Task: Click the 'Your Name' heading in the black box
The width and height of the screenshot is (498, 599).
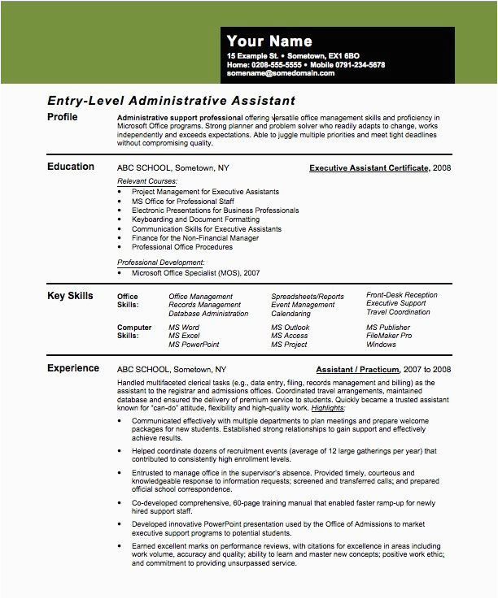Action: click(x=269, y=41)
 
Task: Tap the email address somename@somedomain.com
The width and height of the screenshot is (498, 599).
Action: click(x=281, y=73)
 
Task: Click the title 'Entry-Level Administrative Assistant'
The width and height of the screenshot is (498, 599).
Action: click(x=171, y=101)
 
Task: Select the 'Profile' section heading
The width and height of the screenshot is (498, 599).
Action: click(x=63, y=118)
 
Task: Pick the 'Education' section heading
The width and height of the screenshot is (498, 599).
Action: click(x=71, y=167)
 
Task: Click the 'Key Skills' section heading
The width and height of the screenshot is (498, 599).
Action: click(x=70, y=296)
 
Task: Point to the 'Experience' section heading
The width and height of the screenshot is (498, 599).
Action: click(x=73, y=368)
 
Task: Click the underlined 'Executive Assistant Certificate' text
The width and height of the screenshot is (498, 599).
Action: click(x=369, y=167)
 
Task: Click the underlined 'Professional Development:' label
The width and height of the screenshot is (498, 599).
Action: click(x=160, y=263)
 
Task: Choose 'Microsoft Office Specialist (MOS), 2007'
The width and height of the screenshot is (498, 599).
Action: click(x=196, y=273)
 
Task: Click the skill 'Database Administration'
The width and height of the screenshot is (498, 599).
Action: click(x=208, y=314)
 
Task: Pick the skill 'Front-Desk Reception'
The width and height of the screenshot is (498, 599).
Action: click(x=401, y=296)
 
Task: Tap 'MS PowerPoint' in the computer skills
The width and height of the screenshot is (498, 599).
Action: click(x=194, y=345)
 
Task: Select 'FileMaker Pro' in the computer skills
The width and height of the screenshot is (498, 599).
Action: click(x=389, y=336)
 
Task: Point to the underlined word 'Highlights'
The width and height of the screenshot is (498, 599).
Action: click(x=327, y=408)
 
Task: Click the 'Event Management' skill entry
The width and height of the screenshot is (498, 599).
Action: click(x=303, y=305)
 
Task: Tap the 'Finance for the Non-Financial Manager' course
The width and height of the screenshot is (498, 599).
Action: click(x=194, y=238)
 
